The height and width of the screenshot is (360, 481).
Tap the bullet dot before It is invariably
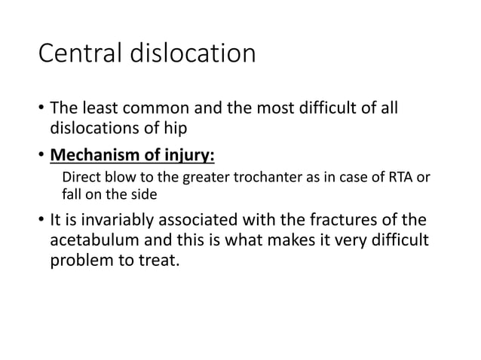[x=41, y=221]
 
